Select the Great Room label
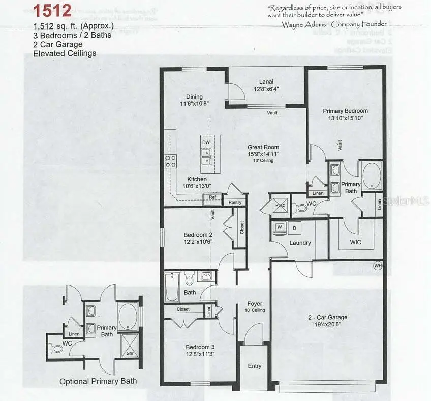point(263,147)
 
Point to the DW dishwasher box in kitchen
point(206,143)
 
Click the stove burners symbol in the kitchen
point(170,161)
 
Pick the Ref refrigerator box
point(212,197)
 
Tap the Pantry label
point(235,202)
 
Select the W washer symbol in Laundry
point(280,226)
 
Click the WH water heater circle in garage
point(378,265)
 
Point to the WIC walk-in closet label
point(356,242)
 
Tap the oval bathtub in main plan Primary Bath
point(373,176)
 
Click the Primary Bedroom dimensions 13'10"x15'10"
point(345,118)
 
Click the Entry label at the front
point(255,366)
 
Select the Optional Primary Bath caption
point(98,381)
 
